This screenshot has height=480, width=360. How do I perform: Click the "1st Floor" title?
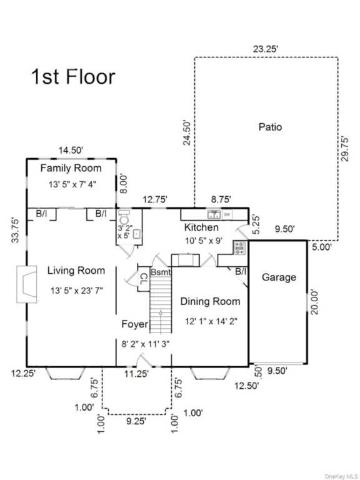pyautogui.click(x=73, y=76)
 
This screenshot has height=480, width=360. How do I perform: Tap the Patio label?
pyautogui.click(x=270, y=126)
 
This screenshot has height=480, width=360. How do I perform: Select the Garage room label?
pyautogui.click(x=279, y=277)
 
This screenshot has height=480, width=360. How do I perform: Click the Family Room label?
pyautogui.click(x=71, y=168)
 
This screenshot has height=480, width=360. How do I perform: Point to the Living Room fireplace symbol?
pyautogui.click(x=27, y=284)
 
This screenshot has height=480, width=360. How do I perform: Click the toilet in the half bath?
pyautogui.click(x=124, y=217)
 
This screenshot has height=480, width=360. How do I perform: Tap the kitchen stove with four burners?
pyautogui.click(x=240, y=247)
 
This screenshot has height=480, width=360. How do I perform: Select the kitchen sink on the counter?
pyautogui.click(x=214, y=214)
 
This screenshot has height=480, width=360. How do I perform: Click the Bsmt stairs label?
pyautogui.click(x=161, y=272)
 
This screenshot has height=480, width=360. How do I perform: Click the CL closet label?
pyautogui.click(x=144, y=279)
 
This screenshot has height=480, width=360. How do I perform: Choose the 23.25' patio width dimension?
pyautogui.click(x=266, y=49)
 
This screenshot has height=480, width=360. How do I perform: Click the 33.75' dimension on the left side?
pyautogui.click(x=15, y=230)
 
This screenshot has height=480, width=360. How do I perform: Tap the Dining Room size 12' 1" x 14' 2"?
pyautogui.click(x=211, y=321)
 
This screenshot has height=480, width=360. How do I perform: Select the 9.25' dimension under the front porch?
pyautogui.click(x=136, y=421)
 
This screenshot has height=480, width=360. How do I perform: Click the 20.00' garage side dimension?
pyautogui.click(x=314, y=302)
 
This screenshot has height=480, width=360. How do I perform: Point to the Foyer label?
pyautogui.click(x=135, y=324)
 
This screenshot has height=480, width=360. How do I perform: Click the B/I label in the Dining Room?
pyautogui.click(x=241, y=271)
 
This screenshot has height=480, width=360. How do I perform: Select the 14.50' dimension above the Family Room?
pyautogui.click(x=71, y=150)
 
